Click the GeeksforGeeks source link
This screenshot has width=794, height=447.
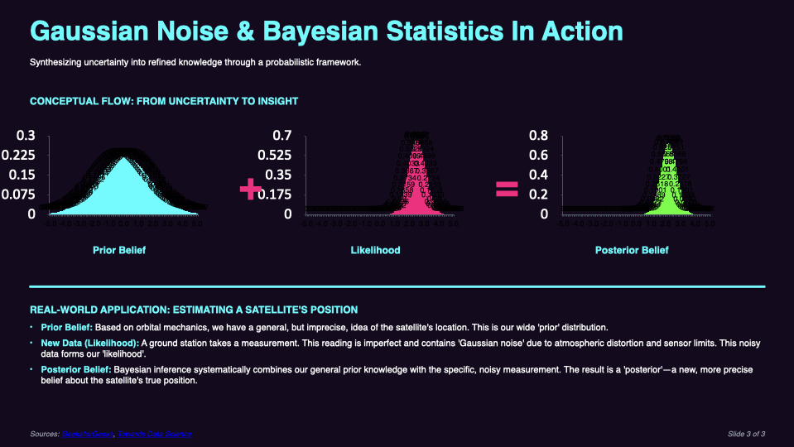click(86, 434)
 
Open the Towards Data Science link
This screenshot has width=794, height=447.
click(155, 434)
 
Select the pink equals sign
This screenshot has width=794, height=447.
click(506, 190)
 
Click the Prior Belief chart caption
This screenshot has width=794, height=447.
click(119, 250)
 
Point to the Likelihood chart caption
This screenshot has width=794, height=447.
click(375, 250)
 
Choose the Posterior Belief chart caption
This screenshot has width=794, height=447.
click(632, 250)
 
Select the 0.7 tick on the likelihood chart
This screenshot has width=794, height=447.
click(282, 136)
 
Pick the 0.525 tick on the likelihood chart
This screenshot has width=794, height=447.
click(277, 155)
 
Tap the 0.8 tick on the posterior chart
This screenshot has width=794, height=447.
click(538, 136)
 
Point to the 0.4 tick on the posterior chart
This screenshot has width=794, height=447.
click(538, 175)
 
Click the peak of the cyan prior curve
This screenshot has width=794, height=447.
click(122, 159)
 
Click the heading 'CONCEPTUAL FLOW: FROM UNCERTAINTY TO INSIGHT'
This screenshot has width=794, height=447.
click(164, 102)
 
